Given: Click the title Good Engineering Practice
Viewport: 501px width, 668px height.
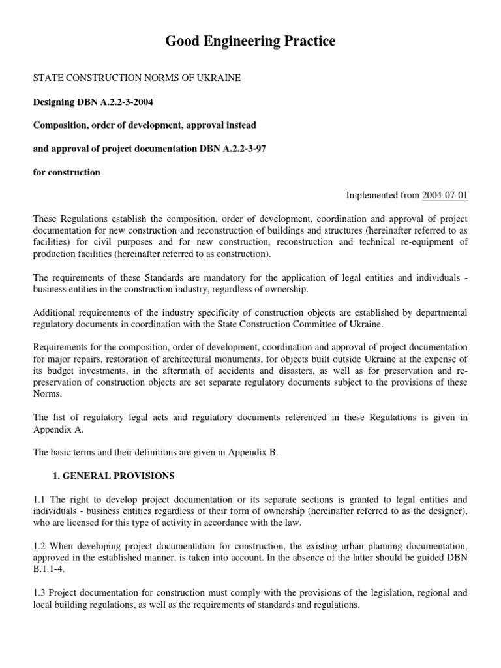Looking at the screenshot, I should point(250,42).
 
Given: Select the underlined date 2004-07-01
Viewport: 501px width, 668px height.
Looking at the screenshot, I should point(445,196).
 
